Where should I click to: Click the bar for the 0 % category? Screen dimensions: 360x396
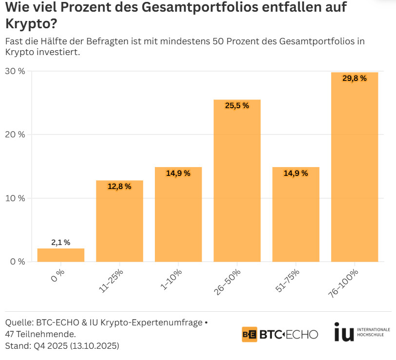[61, 255]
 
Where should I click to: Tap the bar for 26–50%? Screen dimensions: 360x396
[237, 180]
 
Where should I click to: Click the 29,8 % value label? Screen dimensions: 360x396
[354, 78]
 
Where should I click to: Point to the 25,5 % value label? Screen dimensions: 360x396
[237, 106]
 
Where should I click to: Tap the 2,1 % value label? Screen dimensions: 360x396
[61, 242]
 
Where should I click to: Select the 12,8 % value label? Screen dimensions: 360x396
[119, 187]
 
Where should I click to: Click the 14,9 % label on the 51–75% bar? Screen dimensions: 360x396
[296, 173]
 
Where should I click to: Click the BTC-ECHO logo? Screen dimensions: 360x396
[280, 334]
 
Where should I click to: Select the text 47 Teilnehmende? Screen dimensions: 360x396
[40, 334]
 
